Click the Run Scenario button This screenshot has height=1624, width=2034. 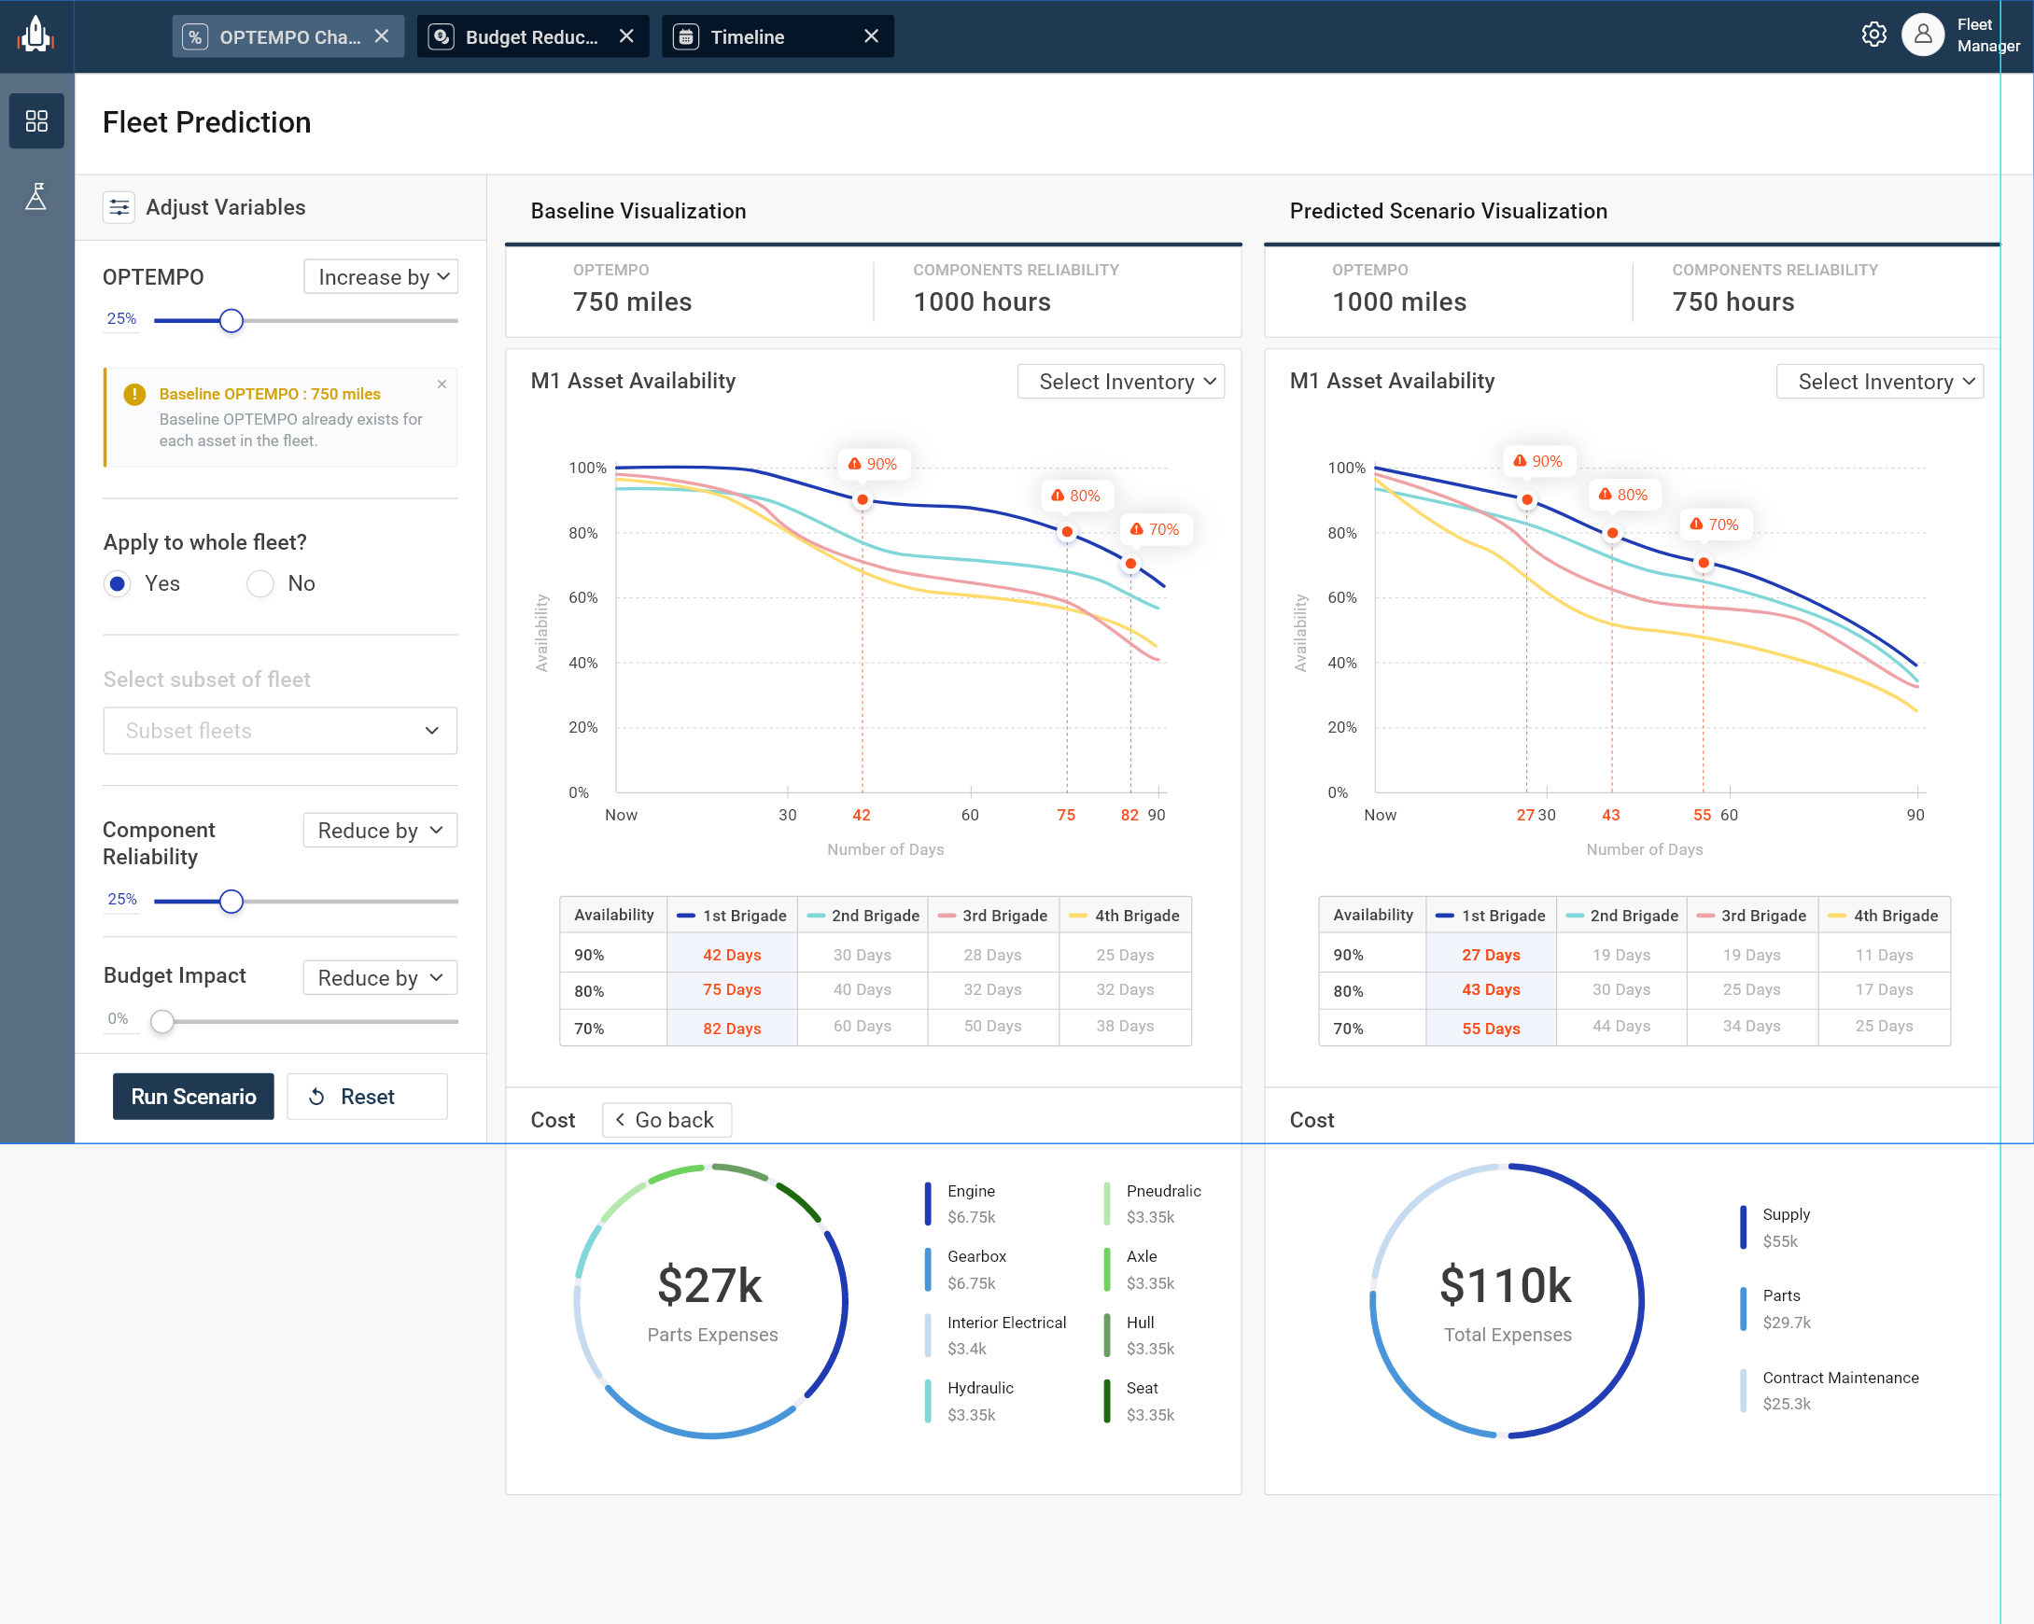[192, 1096]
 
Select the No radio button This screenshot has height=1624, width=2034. [260, 583]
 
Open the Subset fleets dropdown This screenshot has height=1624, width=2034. [280, 731]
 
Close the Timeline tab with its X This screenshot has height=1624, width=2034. [871, 35]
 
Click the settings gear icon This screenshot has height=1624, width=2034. [1873, 35]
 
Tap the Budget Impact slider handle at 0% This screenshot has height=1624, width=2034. [162, 1021]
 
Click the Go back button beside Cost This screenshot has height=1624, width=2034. [666, 1119]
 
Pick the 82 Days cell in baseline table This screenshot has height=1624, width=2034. [731, 1028]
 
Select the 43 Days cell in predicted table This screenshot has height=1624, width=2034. [1491, 989]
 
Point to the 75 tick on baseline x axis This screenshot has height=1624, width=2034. [1066, 815]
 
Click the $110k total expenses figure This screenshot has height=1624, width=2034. [1506, 1285]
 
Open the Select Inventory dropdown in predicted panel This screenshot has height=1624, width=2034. [1879, 382]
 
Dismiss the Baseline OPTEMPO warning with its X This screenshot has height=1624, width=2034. [442, 385]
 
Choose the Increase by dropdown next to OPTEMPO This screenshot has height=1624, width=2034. [381, 277]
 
